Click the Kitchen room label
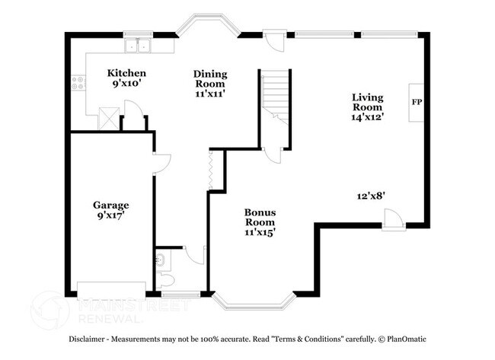[x=126, y=73]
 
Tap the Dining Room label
[x=211, y=74]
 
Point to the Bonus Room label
[x=260, y=212]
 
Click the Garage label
[x=111, y=205]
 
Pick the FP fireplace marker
[x=417, y=101]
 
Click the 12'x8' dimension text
[x=372, y=195]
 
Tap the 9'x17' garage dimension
[x=111, y=215]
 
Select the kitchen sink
[x=139, y=46]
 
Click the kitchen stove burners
[x=77, y=82]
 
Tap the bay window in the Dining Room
[x=208, y=28]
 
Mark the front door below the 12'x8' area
[x=393, y=220]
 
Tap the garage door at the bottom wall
[x=111, y=286]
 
